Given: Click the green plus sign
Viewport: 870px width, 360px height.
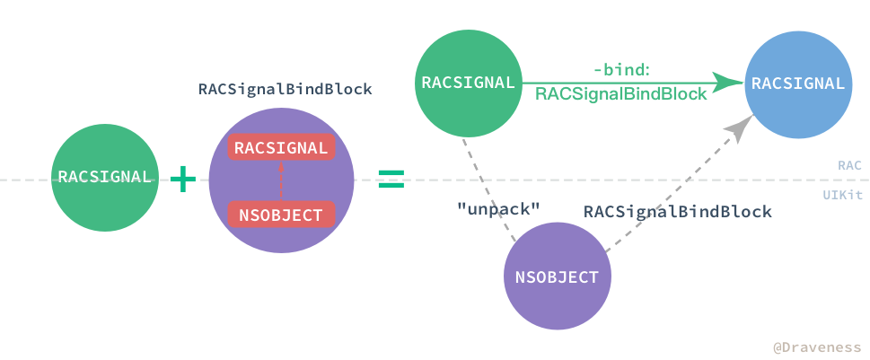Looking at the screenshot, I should tap(183, 180).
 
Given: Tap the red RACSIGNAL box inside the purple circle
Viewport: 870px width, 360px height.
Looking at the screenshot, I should tap(281, 148).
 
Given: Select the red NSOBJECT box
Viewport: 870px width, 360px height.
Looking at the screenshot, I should tap(281, 215).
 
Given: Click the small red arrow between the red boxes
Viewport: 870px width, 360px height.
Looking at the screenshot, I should tap(281, 181).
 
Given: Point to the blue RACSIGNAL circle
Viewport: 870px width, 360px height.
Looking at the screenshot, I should tap(797, 83).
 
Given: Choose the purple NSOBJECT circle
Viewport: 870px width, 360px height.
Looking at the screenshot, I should tap(557, 277).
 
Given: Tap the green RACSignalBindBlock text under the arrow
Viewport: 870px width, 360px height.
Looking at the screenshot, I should tap(620, 93).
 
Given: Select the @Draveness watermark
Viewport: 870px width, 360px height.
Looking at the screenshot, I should tap(817, 347).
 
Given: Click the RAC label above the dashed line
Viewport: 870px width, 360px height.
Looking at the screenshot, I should tap(849, 165).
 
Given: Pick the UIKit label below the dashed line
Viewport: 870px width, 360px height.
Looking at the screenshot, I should tap(842, 194).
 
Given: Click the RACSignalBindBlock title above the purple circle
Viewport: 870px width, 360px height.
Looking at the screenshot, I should tap(285, 91).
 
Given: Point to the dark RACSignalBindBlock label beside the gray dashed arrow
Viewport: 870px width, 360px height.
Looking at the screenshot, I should tap(677, 212).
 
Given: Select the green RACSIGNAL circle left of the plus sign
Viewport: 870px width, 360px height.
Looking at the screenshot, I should tap(104, 177).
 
